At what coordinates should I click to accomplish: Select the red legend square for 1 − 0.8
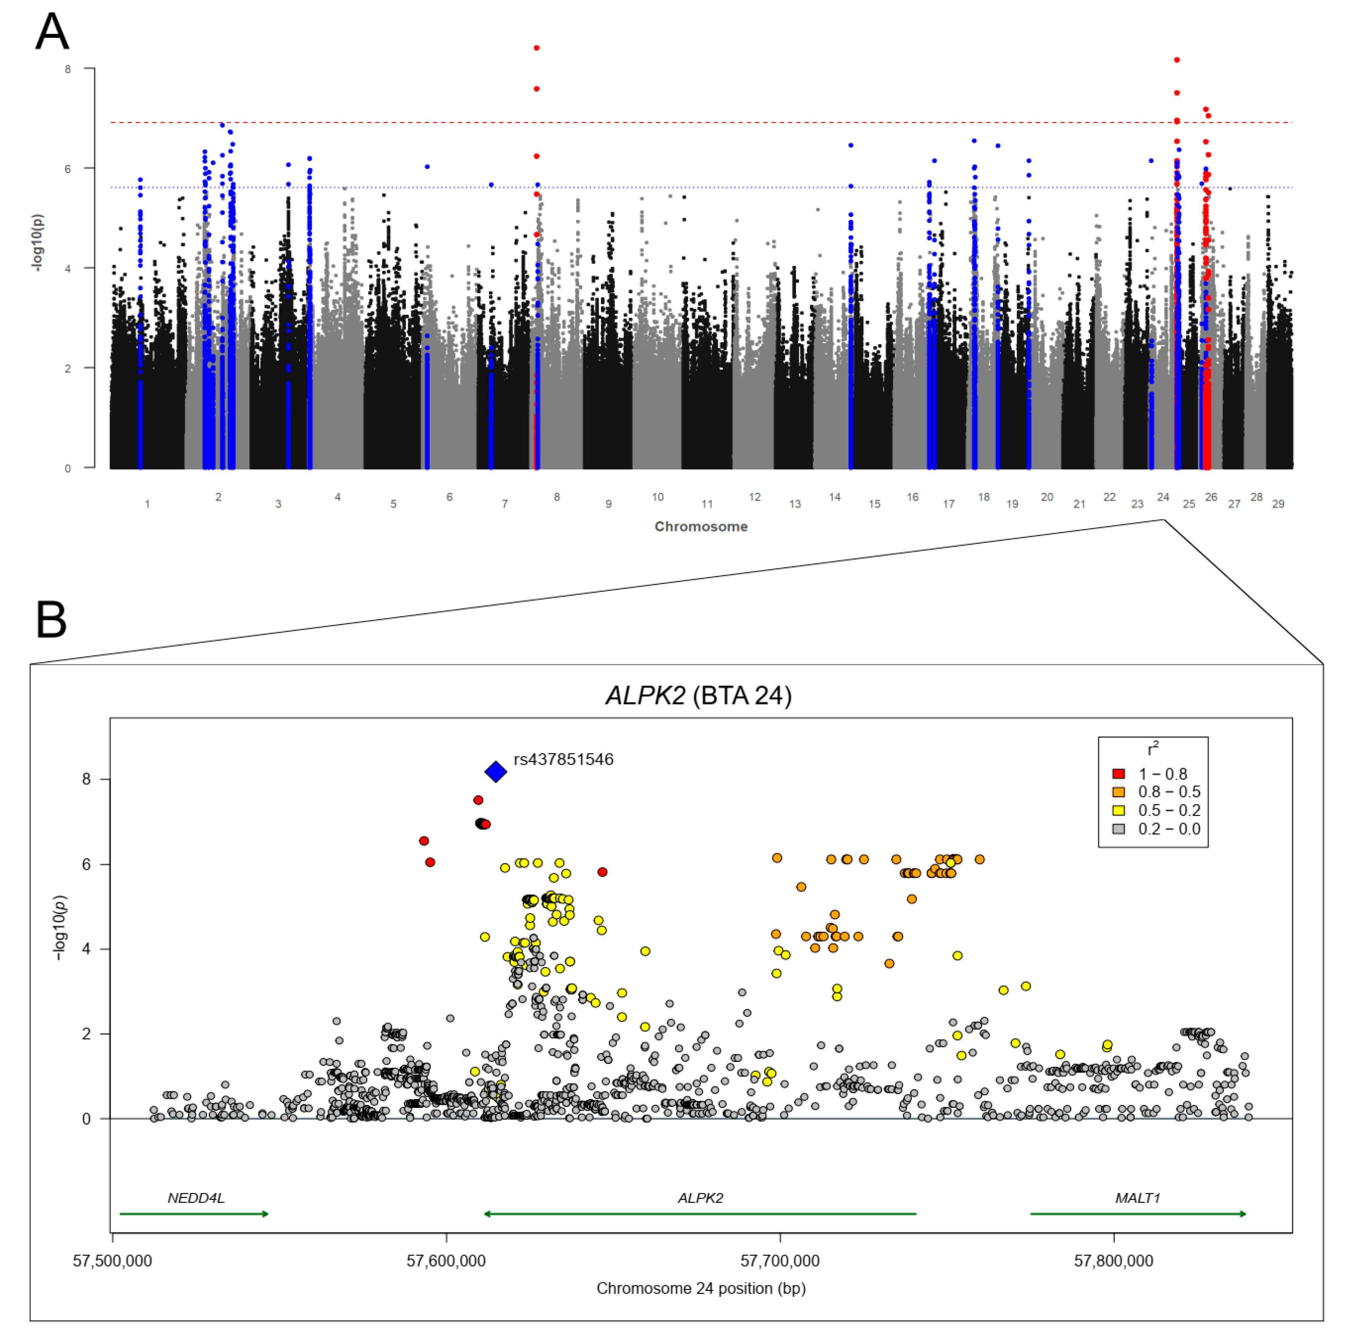coord(1119,774)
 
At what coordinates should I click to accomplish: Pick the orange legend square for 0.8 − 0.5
coord(1119,792)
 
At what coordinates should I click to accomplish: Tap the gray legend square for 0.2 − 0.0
coord(1119,829)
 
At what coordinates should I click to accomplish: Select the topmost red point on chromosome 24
coord(1177,60)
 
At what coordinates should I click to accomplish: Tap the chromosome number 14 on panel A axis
coord(835,497)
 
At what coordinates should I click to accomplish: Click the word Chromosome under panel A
coord(701,527)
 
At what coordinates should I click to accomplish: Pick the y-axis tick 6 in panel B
coord(86,864)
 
